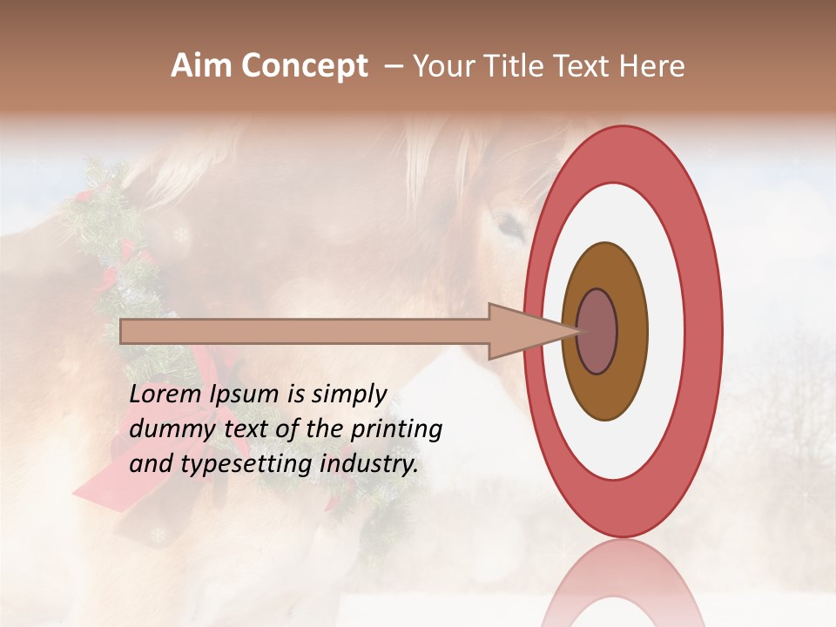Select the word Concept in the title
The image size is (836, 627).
pos(304,66)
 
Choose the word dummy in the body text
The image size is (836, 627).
pos(166,428)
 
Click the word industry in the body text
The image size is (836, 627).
pos(369,463)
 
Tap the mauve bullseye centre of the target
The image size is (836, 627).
pos(597,331)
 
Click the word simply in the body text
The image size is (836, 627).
pos(348,394)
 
